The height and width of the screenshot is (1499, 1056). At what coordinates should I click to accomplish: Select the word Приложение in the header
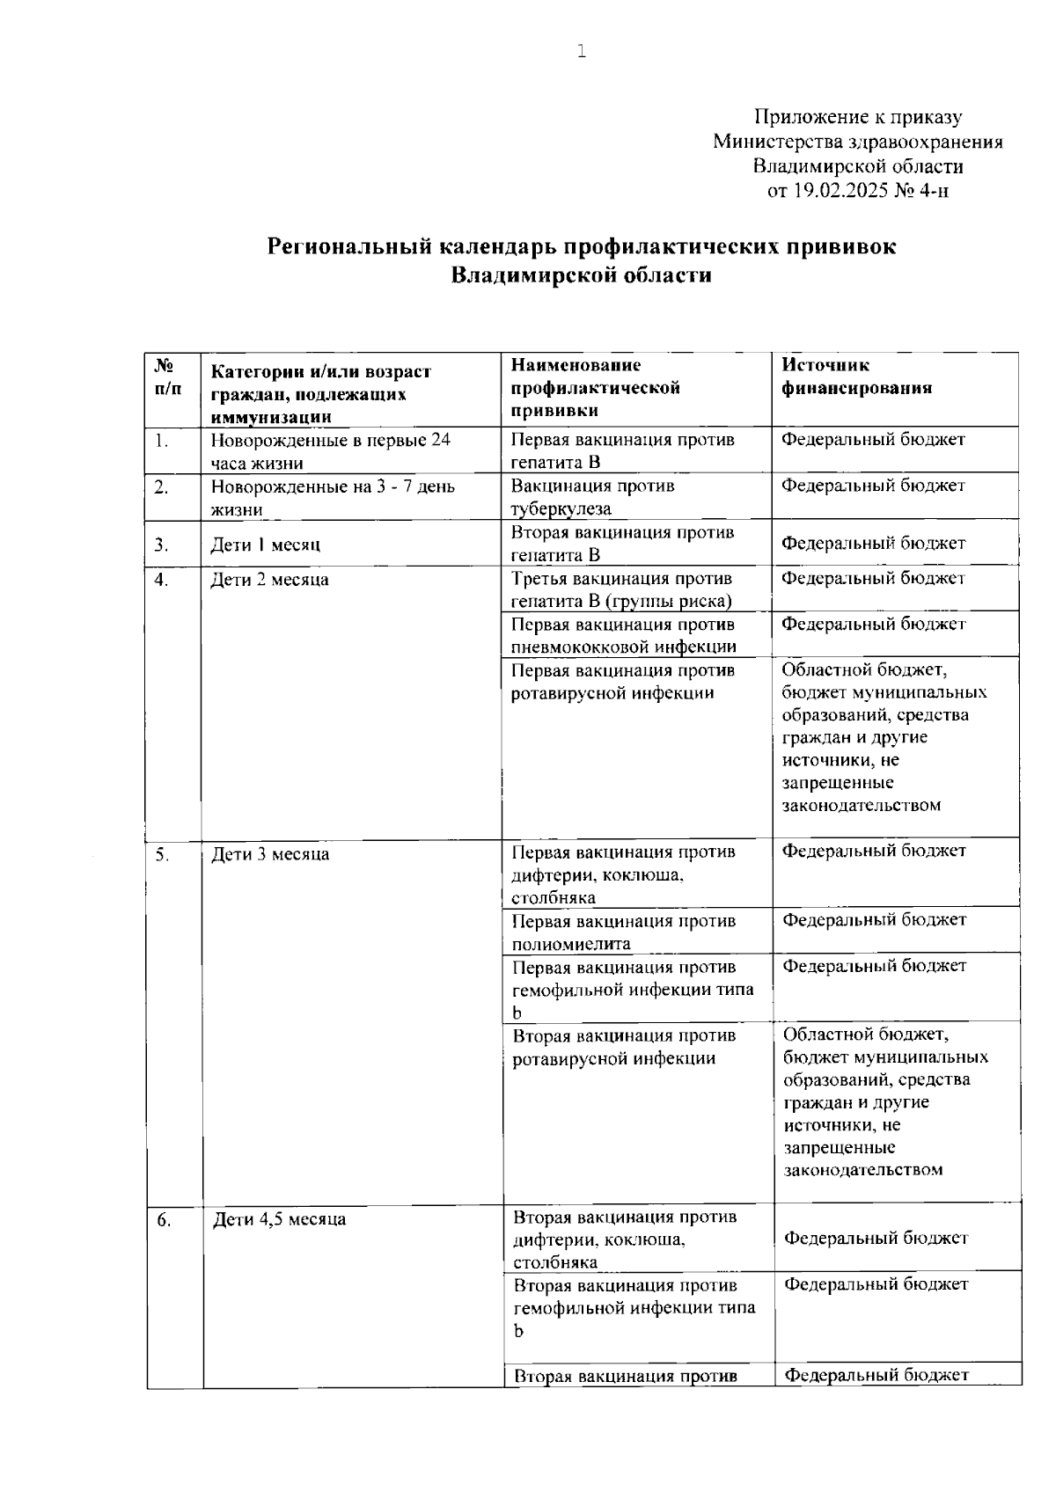click(x=809, y=117)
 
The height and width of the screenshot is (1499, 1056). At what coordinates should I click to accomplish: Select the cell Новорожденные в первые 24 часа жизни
click(x=330, y=451)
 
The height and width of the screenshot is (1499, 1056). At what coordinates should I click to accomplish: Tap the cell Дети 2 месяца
click(x=269, y=580)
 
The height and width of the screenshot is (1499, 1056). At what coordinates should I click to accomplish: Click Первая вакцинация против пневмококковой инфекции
click(x=623, y=635)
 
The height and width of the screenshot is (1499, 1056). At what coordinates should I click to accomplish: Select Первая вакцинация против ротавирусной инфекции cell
click(x=623, y=682)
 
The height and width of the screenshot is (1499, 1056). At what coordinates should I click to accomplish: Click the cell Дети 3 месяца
click(x=269, y=854)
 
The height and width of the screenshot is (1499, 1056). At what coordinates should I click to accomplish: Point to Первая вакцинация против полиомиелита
click(x=623, y=932)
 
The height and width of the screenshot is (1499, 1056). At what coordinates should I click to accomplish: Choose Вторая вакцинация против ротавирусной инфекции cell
click(x=624, y=1047)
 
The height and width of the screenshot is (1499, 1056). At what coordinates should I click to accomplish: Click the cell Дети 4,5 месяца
click(x=279, y=1219)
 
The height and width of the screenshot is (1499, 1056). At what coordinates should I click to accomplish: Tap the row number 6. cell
click(x=164, y=1219)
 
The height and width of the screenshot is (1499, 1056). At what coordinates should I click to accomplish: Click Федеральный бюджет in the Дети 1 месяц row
click(x=873, y=543)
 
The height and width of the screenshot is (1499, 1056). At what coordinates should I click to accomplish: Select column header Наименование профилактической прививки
click(x=596, y=388)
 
